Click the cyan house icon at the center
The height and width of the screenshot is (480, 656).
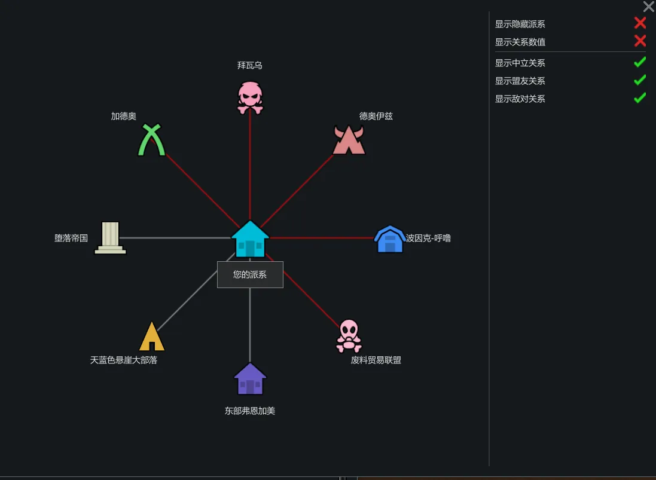[250, 239]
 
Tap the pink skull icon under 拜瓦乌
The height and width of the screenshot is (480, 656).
[250, 97]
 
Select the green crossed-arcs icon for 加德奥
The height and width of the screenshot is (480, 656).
[151, 140]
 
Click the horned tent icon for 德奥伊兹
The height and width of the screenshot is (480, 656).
[349, 140]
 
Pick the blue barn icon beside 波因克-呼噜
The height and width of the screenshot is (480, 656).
[390, 239]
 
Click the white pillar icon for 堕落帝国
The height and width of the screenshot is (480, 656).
[111, 238]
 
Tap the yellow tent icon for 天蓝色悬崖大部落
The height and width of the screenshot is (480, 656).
[151, 337]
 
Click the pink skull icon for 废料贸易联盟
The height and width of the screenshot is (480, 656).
[349, 336]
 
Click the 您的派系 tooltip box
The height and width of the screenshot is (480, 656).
[250, 275]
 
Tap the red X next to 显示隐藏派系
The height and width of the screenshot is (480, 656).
[640, 23]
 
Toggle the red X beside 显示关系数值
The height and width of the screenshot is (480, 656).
[640, 41]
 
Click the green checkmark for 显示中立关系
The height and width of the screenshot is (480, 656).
[640, 62]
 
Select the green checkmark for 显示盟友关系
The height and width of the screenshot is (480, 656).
[640, 80]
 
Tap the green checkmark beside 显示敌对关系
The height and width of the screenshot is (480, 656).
[640, 98]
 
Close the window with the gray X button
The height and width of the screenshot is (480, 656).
[648, 7]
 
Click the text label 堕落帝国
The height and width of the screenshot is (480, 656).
[71, 238]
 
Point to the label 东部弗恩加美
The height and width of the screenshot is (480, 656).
[250, 411]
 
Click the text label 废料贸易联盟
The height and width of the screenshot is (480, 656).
[376, 360]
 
